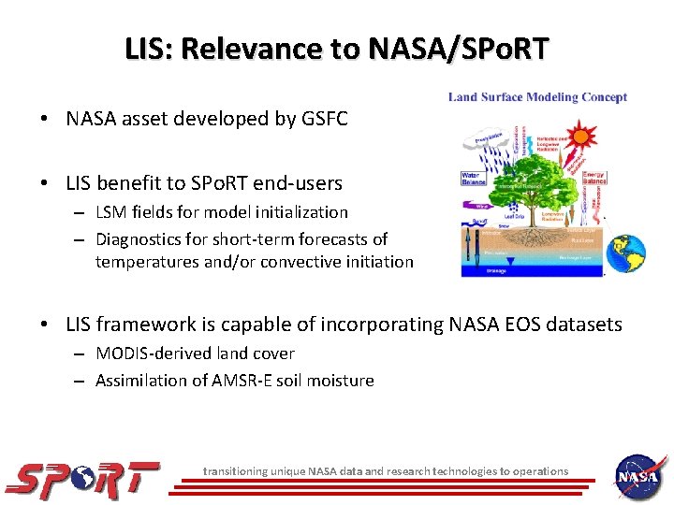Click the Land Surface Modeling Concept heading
pyautogui.click(x=537, y=97)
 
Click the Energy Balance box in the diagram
pyautogui.click(x=594, y=178)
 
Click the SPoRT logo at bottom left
pyautogui.click(x=83, y=479)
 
